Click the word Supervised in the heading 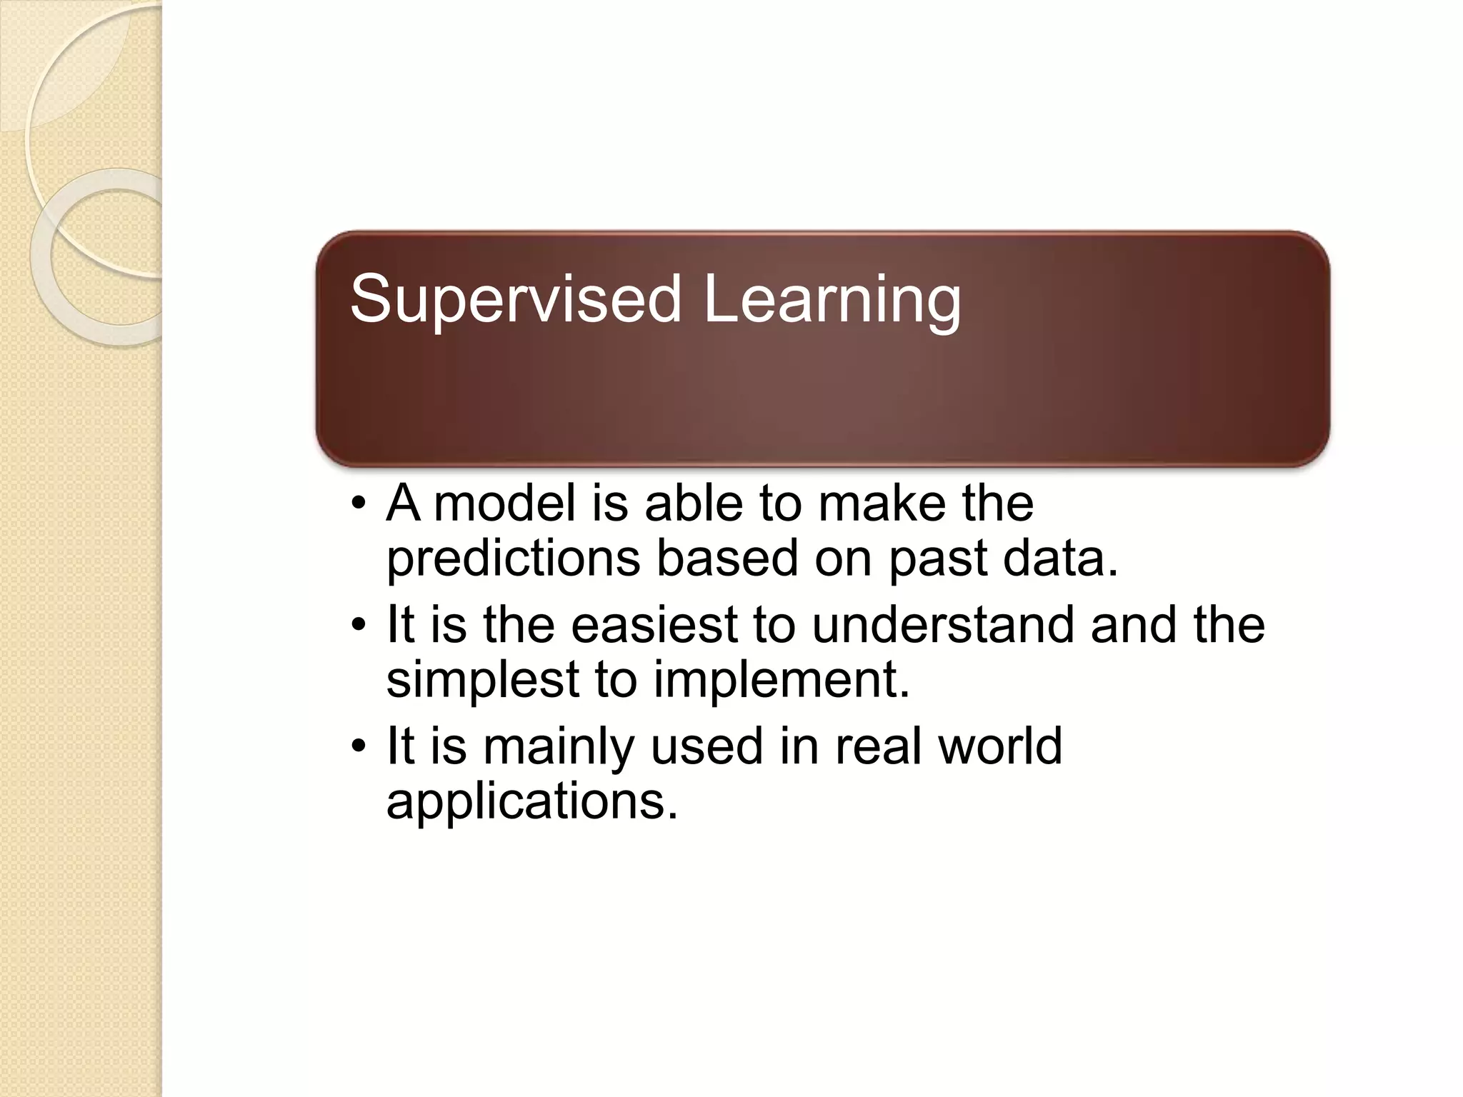[516, 300]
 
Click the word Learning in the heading [832, 300]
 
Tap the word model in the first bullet [504, 503]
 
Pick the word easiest [654, 624]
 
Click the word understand [943, 624]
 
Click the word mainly [559, 746]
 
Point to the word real [878, 746]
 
